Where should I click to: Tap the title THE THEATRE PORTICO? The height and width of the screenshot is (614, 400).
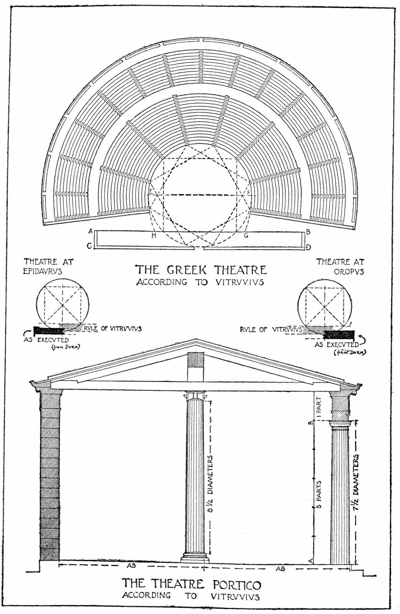pos(191,583)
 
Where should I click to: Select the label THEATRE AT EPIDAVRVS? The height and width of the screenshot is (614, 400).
pos(48,266)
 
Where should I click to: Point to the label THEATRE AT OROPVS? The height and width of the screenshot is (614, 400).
pos(340,266)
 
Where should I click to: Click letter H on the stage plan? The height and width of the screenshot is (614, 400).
pos(154,236)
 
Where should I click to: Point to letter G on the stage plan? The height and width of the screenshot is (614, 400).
pos(246,235)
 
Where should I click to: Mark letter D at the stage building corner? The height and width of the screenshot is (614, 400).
pos(308,248)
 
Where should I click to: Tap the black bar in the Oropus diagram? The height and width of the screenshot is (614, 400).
pos(339,334)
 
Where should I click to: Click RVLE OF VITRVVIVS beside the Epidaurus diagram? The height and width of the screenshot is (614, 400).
pos(110,329)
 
